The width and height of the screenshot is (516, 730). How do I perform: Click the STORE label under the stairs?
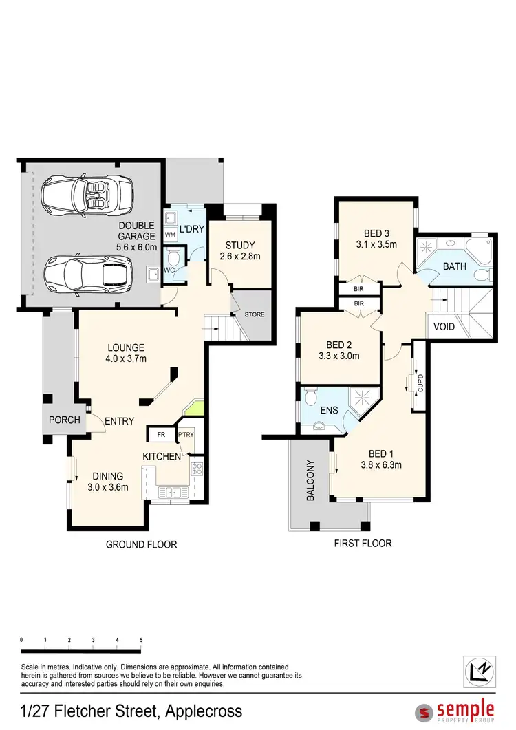254,314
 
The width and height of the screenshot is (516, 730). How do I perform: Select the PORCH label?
63,420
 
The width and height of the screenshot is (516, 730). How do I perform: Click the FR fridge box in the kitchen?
161,435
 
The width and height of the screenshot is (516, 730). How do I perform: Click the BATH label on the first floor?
454,266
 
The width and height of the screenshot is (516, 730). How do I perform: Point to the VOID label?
444,326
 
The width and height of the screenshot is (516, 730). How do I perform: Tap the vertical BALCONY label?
310,480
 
